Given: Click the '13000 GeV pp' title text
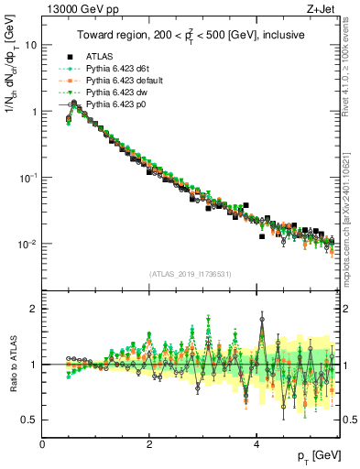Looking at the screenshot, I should pos(78,10).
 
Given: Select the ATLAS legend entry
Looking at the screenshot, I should pos(99,56).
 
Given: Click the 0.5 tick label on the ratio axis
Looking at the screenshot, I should pos(29,420).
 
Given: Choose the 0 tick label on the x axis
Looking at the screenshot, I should pos(43,445).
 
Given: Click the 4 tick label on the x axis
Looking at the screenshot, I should pos(256,445).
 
